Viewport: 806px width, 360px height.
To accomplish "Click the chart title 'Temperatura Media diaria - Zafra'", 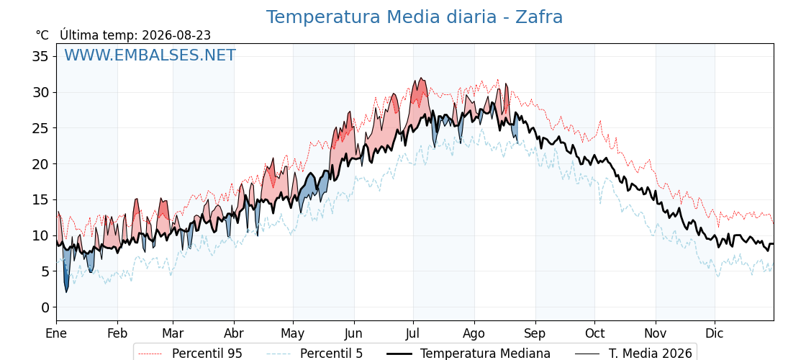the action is tap(415, 17).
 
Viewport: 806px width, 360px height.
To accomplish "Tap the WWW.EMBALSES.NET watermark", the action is tap(150, 55).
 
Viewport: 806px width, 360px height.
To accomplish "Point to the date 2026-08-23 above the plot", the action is tap(176, 35).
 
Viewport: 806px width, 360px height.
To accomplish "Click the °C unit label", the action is tap(42, 35).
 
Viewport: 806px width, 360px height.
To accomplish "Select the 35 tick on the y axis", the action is tap(40, 56).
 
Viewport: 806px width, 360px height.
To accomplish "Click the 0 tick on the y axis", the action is tap(45, 307).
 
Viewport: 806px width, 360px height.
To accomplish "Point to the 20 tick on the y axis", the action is tap(40, 164).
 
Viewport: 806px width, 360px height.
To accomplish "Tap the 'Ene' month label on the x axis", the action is tap(56, 333).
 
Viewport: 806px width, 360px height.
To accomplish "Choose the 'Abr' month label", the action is tap(234, 333).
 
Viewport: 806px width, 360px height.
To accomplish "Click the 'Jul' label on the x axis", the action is tap(413, 333).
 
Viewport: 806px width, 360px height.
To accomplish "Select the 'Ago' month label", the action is tap(474, 334).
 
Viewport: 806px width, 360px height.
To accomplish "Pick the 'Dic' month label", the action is tap(715, 333).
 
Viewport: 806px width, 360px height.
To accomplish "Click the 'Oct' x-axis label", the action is tap(594, 333).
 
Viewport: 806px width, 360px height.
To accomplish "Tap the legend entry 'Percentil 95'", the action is tap(191, 354).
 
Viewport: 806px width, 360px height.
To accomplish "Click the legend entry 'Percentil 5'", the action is tap(314, 354).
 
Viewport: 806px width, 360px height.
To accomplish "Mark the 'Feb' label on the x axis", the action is tap(117, 333).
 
